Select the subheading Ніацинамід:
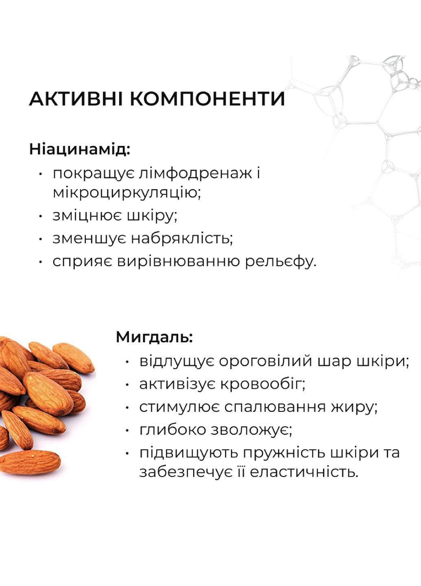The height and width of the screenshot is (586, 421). (80, 149)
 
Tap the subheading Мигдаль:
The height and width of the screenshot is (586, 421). (154, 337)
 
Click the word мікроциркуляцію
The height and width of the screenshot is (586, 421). (127, 192)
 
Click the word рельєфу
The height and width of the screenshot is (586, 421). (280, 261)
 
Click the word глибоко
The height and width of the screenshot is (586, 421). (172, 430)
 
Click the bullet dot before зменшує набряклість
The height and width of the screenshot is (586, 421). (40, 238)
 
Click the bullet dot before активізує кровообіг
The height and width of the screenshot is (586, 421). (128, 384)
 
